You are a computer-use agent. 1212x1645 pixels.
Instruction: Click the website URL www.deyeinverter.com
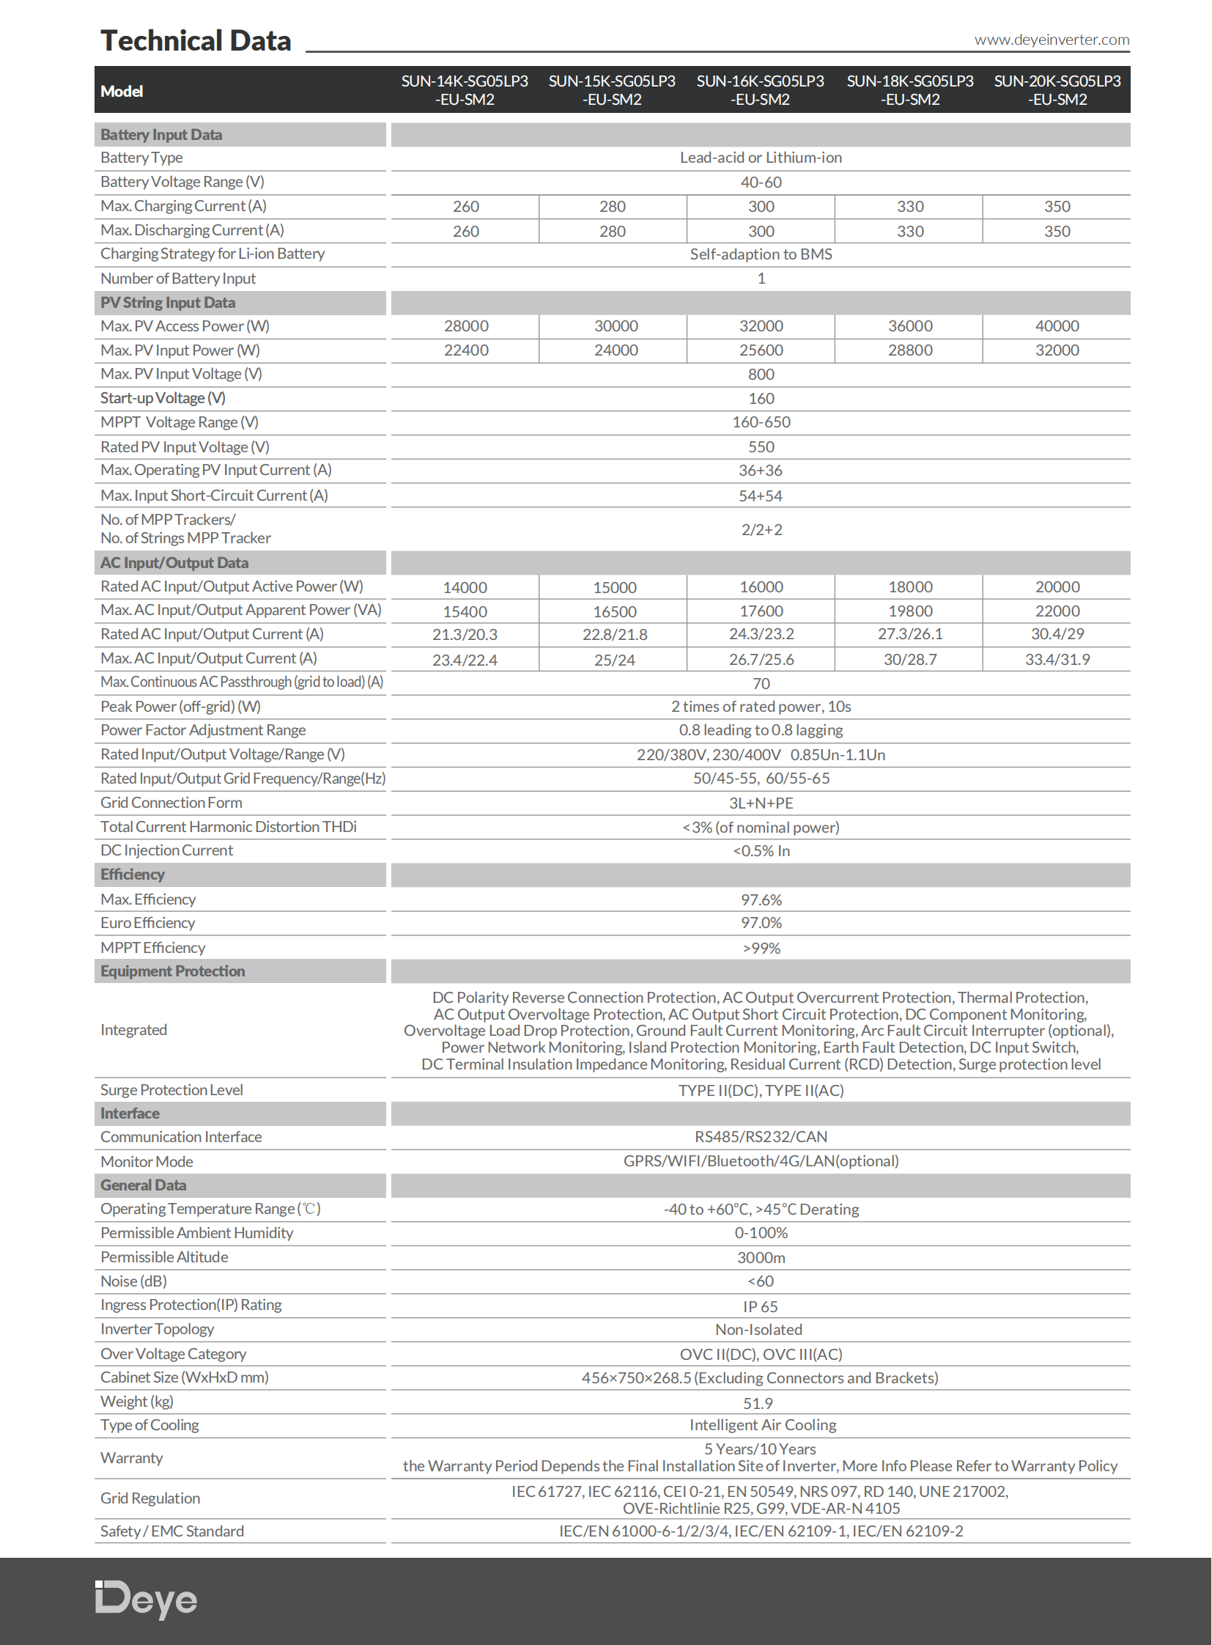point(1052,40)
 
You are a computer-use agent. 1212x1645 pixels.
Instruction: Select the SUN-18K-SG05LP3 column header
point(910,90)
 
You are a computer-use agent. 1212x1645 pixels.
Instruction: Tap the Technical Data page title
point(196,41)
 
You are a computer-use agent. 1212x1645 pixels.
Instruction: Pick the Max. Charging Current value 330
point(910,207)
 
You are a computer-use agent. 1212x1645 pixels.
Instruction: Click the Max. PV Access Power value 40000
point(1057,326)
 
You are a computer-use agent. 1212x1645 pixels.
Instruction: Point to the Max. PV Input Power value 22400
point(466,350)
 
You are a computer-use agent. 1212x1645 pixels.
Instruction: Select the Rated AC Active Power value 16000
point(761,587)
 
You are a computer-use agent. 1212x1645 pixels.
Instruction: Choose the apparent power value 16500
point(615,611)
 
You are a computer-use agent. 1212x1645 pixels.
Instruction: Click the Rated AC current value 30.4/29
point(1057,634)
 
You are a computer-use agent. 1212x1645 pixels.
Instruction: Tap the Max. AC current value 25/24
point(615,660)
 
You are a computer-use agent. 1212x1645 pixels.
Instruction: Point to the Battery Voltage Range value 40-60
point(761,182)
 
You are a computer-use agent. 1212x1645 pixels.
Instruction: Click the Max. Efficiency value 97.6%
point(761,900)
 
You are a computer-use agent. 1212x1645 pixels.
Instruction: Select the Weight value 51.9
point(758,1404)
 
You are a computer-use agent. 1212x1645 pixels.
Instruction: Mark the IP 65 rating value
point(760,1306)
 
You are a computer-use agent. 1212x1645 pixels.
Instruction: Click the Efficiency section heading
point(133,875)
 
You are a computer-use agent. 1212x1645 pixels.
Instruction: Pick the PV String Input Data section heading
point(168,303)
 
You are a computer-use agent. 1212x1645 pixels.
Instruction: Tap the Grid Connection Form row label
point(171,803)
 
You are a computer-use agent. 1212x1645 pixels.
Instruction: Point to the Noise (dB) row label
point(133,1281)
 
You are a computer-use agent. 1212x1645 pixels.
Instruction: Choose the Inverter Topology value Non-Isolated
point(758,1329)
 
